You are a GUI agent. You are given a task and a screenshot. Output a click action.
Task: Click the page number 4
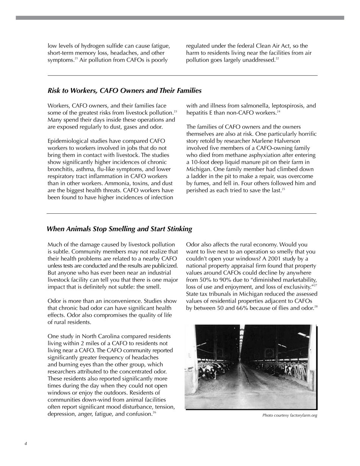tap(26, 444)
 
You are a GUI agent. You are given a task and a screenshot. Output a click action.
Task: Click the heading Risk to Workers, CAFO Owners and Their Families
tap(124, 91)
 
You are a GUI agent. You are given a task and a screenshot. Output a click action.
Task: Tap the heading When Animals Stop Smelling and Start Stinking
tap(119, 229)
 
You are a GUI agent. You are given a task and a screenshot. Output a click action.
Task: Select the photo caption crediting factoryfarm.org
tap(290, 416)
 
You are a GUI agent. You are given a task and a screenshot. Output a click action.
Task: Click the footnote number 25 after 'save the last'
tap(283, 189)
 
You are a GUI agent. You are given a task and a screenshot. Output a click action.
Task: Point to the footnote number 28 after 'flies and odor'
tap(316, 306)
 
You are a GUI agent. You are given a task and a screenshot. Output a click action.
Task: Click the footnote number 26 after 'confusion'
tap(154, 413)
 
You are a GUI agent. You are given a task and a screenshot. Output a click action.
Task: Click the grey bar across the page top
tap(180, 18)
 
